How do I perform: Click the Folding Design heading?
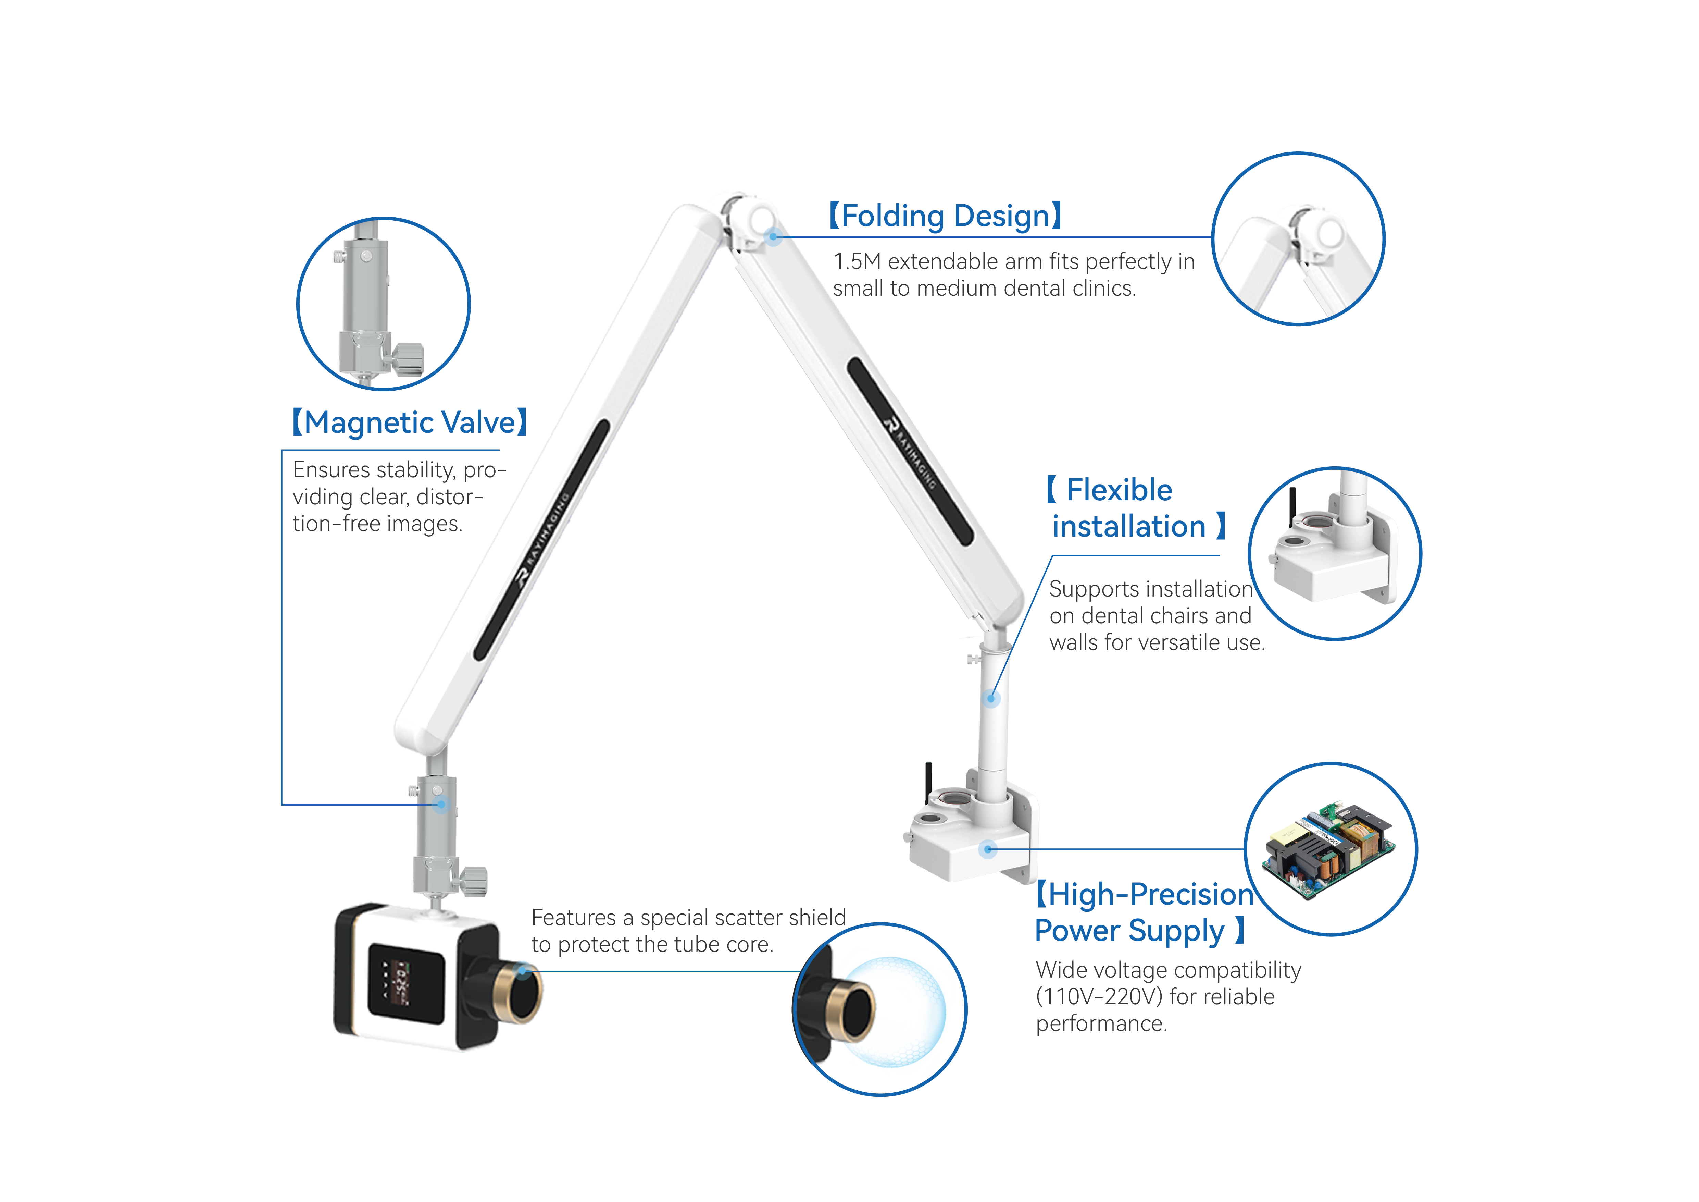pyautogui.click(x=945, y=216)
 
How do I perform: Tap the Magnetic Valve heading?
pyautogui.click(x=409, y=422)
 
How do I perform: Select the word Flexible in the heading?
pyautogui.click(x=1119, y=490)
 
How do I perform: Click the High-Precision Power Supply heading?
pyautogui.click(x=1143, y=912)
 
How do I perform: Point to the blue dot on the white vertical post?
pyautogui.click(x=991, y=698)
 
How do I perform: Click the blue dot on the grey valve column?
pyautogui.click(x=441, y=804)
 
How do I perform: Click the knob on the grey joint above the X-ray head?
pyautogui.click(x=474, y=881)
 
